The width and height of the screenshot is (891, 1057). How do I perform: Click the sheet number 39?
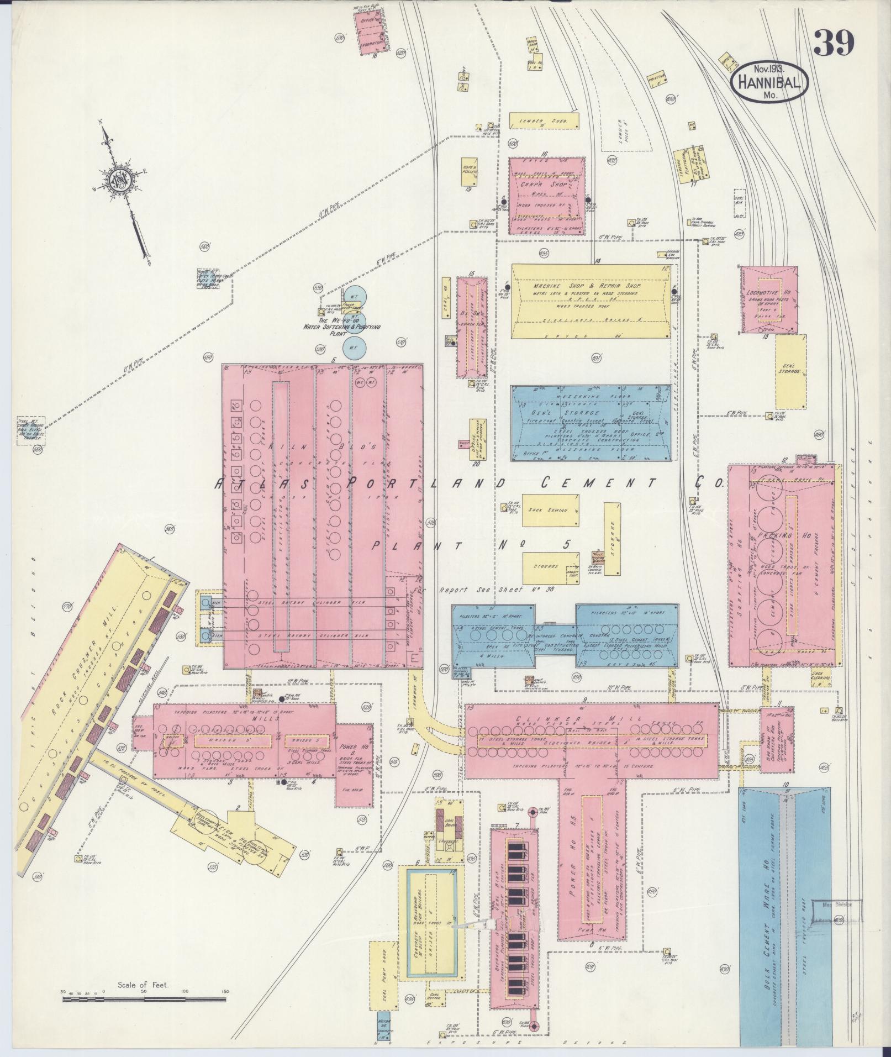pos(834,43)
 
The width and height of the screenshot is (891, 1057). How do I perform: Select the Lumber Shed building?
pos(544,120)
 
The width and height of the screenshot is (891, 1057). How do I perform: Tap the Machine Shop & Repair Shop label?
pos(586,287)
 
